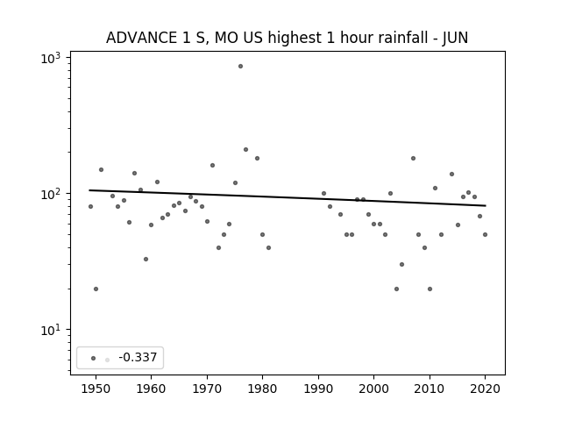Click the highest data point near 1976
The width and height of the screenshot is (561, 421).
pos(240,67)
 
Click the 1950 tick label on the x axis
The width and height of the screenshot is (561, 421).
pos(96,389)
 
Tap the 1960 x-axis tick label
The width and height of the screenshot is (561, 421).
pos(151,389)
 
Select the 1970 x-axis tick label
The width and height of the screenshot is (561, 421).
pos(207,389)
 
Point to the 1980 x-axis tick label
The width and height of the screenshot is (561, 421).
pos(262,389)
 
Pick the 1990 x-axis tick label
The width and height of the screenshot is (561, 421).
pos(318,389)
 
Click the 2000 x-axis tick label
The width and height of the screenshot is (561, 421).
pos(374,389)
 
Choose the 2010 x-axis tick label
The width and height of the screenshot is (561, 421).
pos(430,389)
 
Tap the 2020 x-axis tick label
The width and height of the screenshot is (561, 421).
pos(485,389)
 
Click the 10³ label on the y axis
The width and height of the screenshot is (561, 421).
pos(51,58)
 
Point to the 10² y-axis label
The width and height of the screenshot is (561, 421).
pos(51,194)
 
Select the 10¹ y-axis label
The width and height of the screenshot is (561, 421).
pos(51,330)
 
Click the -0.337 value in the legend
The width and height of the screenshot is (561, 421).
pos(138,357)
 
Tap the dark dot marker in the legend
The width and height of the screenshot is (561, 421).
pos(94,358)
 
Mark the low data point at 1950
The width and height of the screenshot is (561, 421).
pos(96,289)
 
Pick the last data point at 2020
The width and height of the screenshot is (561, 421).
pos(485,234)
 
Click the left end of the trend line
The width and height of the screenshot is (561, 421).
pos(89,190)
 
